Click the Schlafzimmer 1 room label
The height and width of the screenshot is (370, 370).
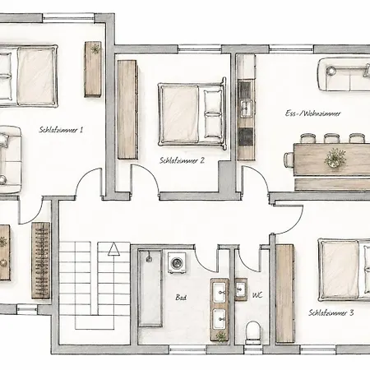pyautogui.click(x=61, y=130)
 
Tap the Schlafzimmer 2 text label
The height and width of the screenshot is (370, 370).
pyautogui.click(x=182, y=160)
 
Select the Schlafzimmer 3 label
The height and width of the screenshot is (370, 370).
pyautogui.click(x=331, y=312)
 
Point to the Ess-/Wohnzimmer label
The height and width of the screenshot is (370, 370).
pyautogui.click(x=313, y=113)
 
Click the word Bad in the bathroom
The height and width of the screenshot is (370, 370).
pyautogui.click(x=181, y=298)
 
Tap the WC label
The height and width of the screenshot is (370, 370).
pyautogui.click(x=257, y=295)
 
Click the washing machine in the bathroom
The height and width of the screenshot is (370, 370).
pyautogui.click(x=177, y=263)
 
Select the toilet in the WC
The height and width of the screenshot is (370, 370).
pyautogui.click(x=252, y=333)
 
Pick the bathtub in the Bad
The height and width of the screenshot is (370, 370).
pyautogui.click(x=150, y=288)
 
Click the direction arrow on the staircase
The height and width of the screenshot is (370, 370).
pyautogui.click(x=113, y=249)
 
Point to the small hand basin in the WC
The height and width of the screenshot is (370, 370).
pyautogui.click(x=241, y=289)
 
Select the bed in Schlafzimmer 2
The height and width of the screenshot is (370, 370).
pyautogui.click(x=192, y=113)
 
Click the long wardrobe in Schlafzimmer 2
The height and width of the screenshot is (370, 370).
pyautogui.click(x=127, y=109)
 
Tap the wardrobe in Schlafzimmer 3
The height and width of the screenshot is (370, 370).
pyautogui.click(x=284, y=294)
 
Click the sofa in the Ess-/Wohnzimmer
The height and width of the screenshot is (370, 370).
pyautogui.click(x=344, y=74)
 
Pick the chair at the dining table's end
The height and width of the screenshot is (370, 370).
pyautogui.click(x=289, y=160)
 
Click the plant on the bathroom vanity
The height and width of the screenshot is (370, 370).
pyautogui.click(x=221, y=335)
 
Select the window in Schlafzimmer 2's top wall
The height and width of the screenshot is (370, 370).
pyautogui.click(x=200, y=49)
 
